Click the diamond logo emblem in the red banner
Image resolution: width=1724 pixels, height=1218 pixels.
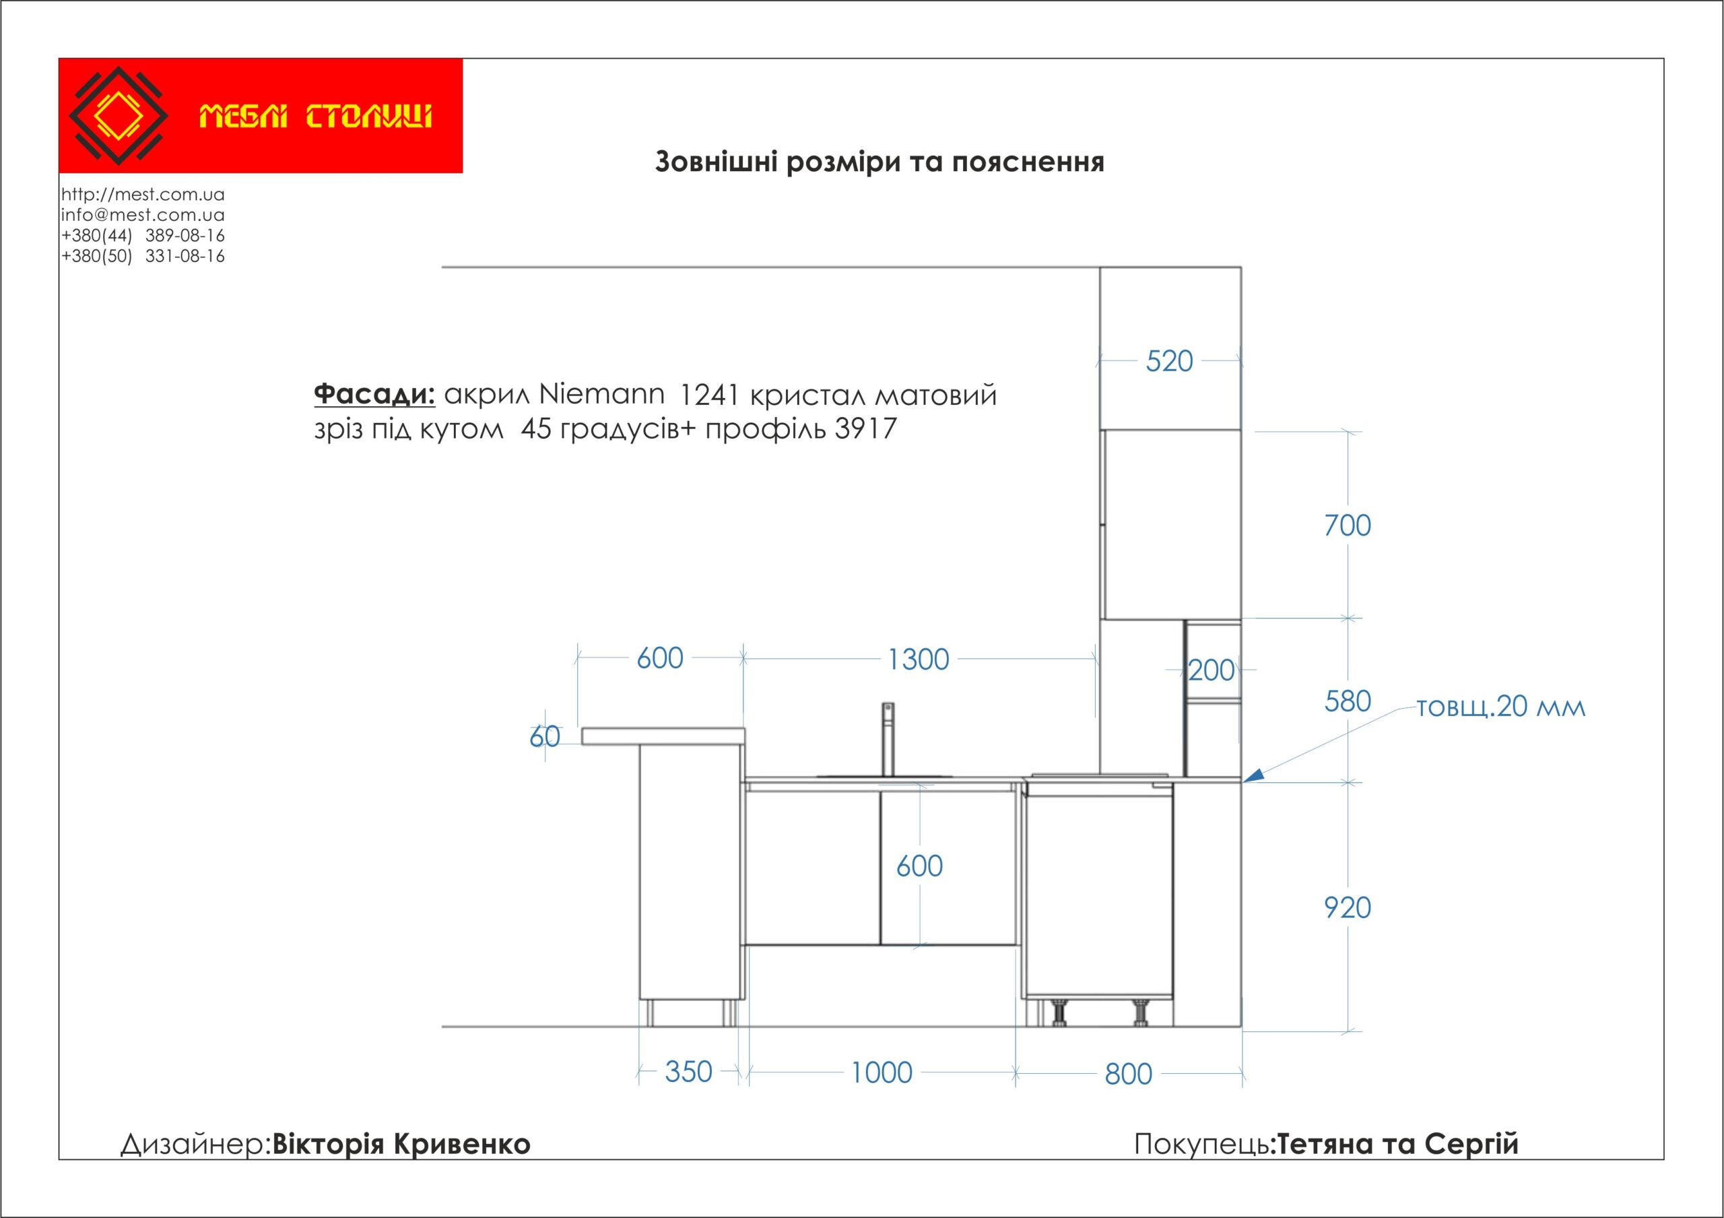pos(118,116)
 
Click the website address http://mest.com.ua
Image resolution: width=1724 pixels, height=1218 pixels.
pos(143,195)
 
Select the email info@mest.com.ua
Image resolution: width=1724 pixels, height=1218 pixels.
pos(143,215)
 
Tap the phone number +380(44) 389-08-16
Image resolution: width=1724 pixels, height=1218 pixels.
pos(143,235)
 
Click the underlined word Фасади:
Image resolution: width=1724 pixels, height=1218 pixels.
pos(374,394)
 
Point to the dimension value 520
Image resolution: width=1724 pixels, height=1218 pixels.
pos(1169,361)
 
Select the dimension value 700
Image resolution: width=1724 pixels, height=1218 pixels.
pos(1347,525)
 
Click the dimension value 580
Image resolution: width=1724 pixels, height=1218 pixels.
pos(1347,701)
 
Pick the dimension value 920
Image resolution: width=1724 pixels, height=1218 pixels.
pos(1347,908)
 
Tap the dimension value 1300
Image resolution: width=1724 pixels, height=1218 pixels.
pos(919,660)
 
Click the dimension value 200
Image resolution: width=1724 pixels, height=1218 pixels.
pos(1211,670)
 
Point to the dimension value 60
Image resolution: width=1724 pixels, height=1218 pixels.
pos(544,736)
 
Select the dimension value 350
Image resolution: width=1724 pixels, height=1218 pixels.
pos(688,1072)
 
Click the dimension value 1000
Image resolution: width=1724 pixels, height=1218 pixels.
pos(882,1072)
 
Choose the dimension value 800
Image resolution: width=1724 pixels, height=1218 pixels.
pos(1128,1074)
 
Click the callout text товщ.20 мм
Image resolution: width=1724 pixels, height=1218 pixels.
pos(1501,707)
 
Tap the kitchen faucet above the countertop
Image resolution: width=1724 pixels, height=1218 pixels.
pos(888,740)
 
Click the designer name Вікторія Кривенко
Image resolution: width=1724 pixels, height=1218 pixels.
pos(401,1144)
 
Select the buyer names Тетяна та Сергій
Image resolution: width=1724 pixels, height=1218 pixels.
pos(1397,1144)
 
